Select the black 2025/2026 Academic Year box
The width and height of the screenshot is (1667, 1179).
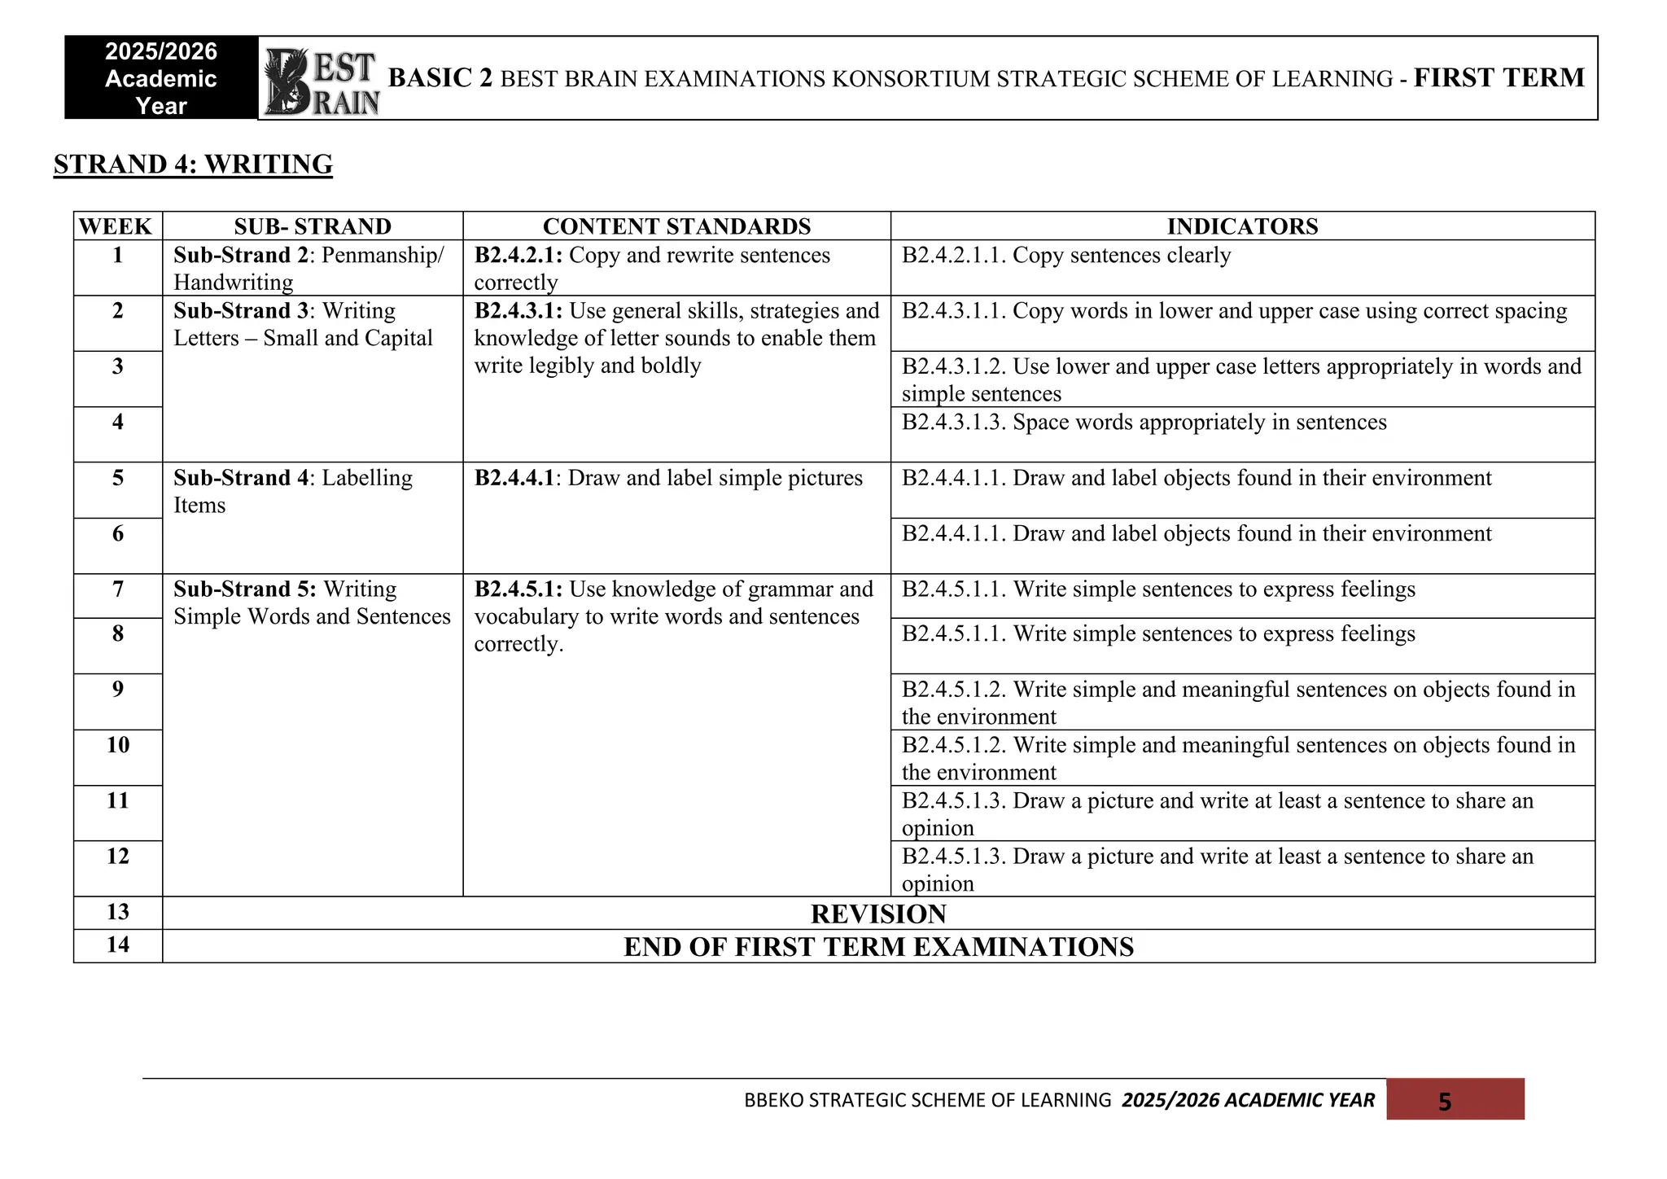click(161, 79)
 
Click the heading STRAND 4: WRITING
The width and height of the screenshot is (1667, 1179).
click(193, 164)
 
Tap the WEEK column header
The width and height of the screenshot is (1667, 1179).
click(116, 226)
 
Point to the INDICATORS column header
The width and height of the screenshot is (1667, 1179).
click(1242, 226)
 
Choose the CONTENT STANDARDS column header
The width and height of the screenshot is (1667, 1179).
click(676, 226)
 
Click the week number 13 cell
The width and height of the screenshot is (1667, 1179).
click(118, 912)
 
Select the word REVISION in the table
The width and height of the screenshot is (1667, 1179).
click(878, 914)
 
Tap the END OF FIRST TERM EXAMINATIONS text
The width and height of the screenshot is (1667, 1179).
click(878, 947)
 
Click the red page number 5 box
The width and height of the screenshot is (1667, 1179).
click(1455, 1101)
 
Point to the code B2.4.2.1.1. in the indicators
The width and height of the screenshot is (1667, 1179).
click(953, 256)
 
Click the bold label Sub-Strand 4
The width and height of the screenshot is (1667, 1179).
click(241, 478)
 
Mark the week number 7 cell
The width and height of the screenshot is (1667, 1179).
click(118, 589)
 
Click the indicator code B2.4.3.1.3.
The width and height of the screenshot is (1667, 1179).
click(953, 423)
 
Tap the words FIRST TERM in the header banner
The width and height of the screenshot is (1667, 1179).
click(1499, 78)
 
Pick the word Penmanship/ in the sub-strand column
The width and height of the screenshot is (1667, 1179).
click(383, 256)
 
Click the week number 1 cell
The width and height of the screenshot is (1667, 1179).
click(118, 256)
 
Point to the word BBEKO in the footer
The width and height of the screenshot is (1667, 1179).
click(773, 1101)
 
